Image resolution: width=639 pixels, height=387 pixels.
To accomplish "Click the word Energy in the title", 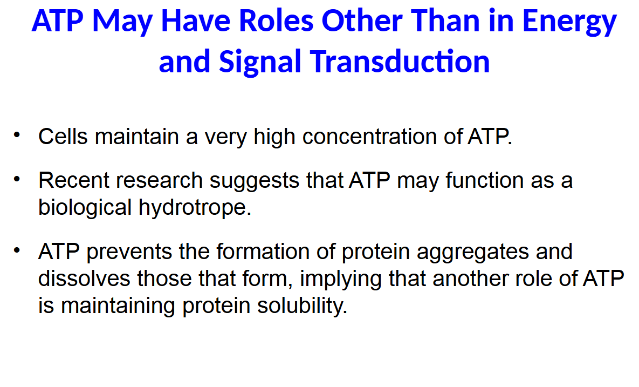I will click(570, 22).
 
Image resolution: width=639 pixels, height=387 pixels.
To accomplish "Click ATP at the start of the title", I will click(58, 22).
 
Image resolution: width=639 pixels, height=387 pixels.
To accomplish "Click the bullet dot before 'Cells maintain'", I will click(17, 133).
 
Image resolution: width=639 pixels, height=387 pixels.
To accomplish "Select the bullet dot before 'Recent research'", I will click(17, 177).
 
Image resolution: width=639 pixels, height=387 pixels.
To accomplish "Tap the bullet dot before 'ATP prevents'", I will click(17, 249).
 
